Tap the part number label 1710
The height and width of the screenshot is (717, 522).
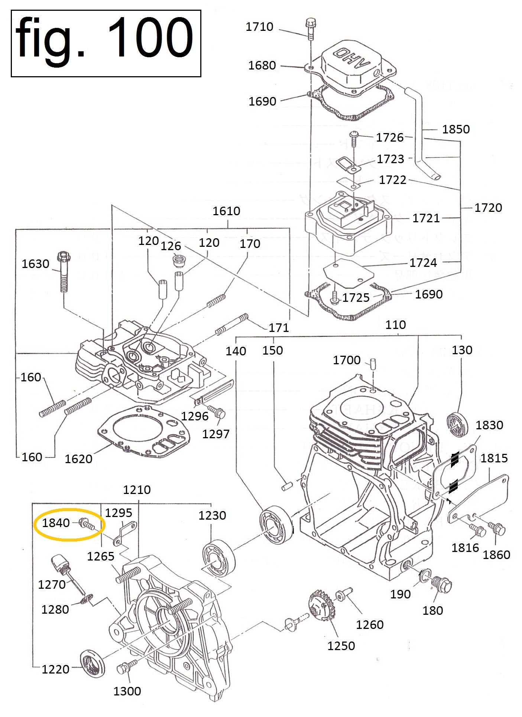click(259, 27)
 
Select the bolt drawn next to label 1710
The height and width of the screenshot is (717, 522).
click(310, 28)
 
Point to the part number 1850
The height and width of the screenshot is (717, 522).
click(456, 129)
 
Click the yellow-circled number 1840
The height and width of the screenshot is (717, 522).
click(56, 523)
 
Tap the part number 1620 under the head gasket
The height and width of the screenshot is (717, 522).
click(78, 459)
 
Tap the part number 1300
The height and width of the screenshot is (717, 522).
click(127, 691)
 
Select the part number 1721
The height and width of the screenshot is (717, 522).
click(426, 218)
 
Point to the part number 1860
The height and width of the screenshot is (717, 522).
click(496, 555)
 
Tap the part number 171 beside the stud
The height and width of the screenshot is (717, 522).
click(279, 327)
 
